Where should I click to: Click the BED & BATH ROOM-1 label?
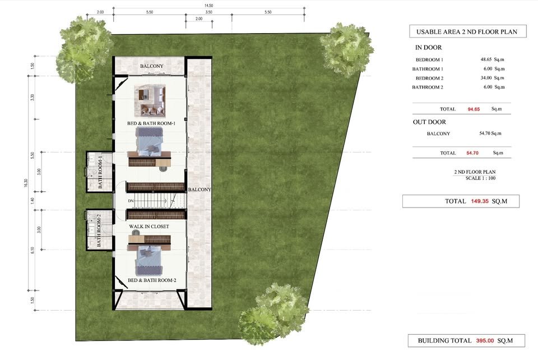[x=151, y=123]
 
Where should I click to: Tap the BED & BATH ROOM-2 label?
[x=152, y=280]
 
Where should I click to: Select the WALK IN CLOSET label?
[x=149, y=227]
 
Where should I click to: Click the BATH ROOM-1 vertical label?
[x=100, y=172]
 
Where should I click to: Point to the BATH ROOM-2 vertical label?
[x=99, y=230]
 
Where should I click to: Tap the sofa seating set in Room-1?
[x=151, y=100]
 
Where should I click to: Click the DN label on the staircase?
[x=131, y=201]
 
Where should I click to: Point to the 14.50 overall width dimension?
[x=208, y=6]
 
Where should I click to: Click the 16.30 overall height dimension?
[x=26, y=183]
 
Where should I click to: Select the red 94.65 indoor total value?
[x=474, y=109]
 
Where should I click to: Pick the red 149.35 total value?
[x=479, y=201]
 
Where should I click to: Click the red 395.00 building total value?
[x=485, y=341]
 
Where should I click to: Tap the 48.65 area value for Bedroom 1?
[x=486, y=59]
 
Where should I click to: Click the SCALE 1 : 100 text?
[x=480, y=178]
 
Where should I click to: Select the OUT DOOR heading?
[x=429, y=122]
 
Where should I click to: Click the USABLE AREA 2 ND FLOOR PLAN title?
[x=467, y=32]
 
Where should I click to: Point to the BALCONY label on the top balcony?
[x=152, y=66]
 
